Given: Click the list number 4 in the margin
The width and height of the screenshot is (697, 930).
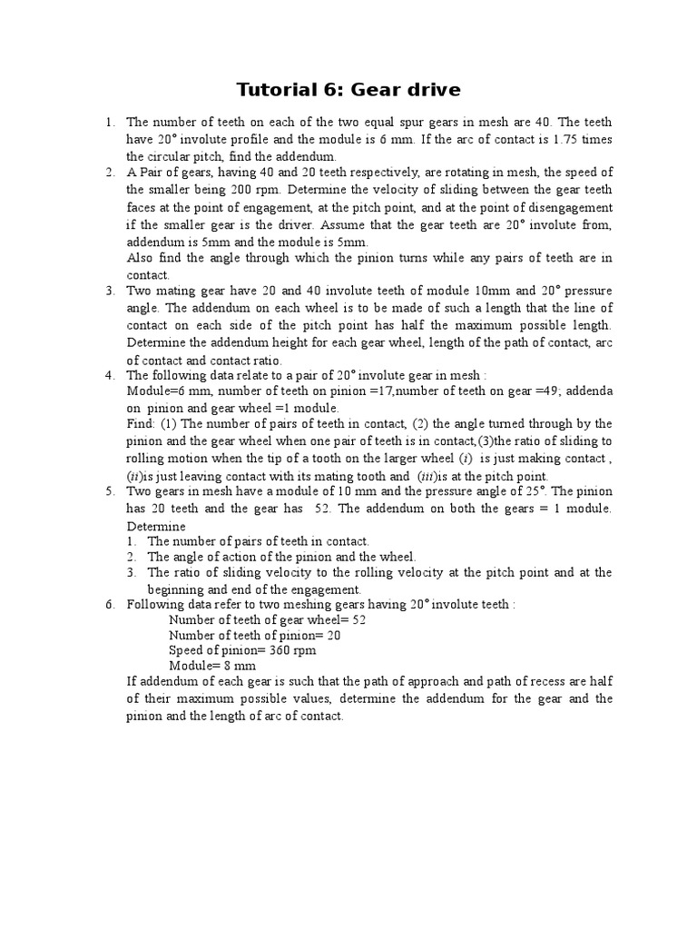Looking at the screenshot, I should tap(109, 376).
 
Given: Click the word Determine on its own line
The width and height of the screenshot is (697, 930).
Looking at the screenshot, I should tap(156, 527).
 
